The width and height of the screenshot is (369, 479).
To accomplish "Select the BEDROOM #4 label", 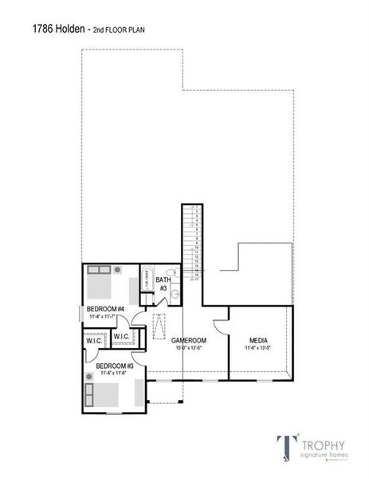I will (x=107, y=309).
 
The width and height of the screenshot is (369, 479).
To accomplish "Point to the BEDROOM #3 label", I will (x=116, y=366).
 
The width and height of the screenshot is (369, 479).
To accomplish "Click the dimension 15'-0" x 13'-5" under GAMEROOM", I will (x=190, y=348).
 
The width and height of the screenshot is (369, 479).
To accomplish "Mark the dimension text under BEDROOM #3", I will (x=116, y=373).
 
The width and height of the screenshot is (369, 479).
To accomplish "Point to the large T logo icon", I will (x=285, y=448).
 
